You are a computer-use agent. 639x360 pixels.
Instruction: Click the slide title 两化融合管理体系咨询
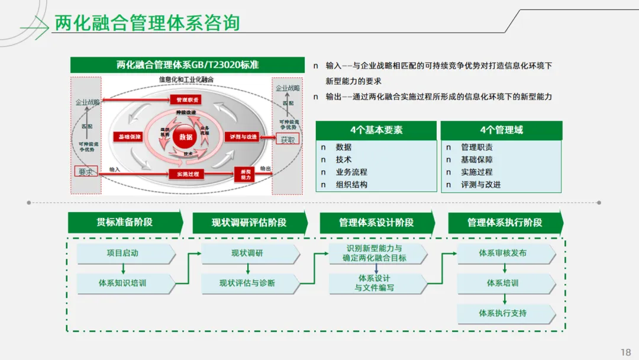click(x=147, y=23)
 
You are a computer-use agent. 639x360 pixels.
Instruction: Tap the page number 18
click(x=625, y=352)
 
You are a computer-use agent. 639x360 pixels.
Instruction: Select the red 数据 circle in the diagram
click(x=186, y=137)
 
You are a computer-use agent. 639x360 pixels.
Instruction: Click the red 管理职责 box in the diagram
click(x=186, y=99)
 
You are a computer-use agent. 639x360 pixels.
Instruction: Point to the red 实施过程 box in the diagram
click(x=186, y=173)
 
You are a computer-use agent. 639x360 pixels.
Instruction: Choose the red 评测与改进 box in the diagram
click(x=244, y=137)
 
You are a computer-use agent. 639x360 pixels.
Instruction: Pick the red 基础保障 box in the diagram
click(x=130, y=137)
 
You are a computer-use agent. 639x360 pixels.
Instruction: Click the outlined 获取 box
click(x=288, y=140)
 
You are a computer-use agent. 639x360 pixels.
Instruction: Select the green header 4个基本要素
click(x=376, y=130)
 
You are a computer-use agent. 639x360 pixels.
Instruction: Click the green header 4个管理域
click(x=501, y=130)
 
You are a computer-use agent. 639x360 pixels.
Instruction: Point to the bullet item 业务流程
click(x=351, y=172)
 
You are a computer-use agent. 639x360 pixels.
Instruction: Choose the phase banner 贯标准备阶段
click(x=125, y=222)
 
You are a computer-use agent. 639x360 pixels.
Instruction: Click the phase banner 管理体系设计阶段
click(x=376, y=223)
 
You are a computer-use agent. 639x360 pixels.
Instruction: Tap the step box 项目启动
click(x=123, y=253)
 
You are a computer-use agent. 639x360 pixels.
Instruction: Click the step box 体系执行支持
click(x=503, y=313)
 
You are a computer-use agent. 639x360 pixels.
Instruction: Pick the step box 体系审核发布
click(x=503, y=253)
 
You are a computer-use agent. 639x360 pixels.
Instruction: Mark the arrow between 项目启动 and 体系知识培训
click(x=123, y=268)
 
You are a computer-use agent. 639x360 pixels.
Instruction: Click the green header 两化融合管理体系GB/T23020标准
click(x=188, y=65)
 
